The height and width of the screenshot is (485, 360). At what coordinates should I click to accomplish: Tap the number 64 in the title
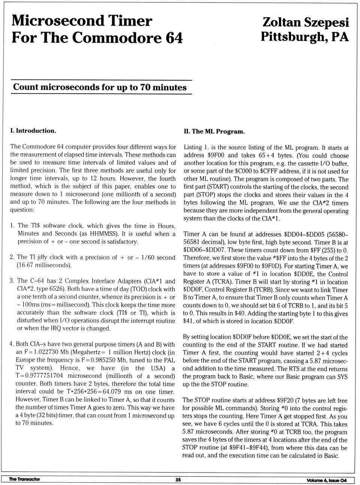[174, 38]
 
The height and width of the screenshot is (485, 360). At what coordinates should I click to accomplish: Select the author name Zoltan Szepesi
[305, 22]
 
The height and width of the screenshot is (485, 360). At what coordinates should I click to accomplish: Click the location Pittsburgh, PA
[304, 37]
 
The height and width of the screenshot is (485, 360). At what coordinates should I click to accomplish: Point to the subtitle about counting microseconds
[100, 87]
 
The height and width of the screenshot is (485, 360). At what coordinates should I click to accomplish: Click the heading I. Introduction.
[33, 131]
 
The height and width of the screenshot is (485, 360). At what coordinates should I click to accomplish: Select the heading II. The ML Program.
[214, 132]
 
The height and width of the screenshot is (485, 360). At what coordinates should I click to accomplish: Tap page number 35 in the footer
[178, 480]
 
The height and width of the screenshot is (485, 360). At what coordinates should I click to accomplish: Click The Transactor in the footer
[24, 479]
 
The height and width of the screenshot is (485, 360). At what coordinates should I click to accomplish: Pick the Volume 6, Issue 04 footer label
[326, 480]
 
